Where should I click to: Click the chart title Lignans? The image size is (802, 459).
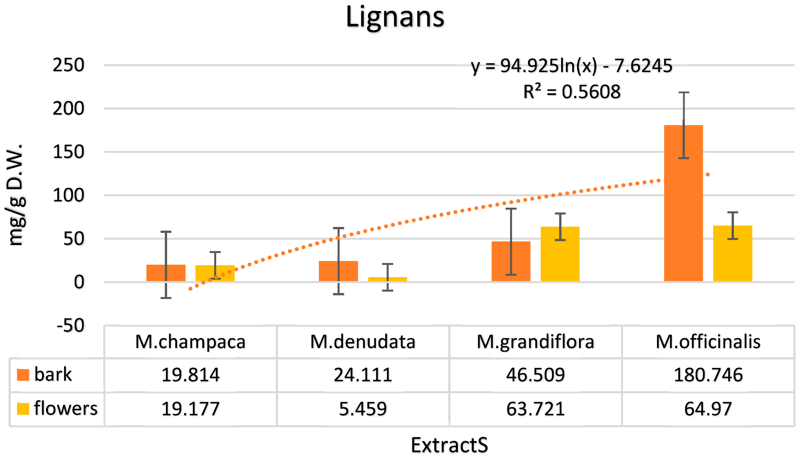pyautogui.click(x=395, y=17)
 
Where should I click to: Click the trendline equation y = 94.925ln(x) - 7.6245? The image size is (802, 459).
pyautogui.click(x=571, y=66)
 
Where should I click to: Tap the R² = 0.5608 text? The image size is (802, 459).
pyautogui.click(x=571, y=92)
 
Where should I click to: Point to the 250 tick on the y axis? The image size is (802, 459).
pyautogui.click(x=68, y=65)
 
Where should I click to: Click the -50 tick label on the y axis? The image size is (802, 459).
pyautogui.click(x=70, y=325)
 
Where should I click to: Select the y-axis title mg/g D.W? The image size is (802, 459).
pyautogui.click(x=15, y=195)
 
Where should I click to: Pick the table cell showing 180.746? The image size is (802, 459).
pyautogui.click(x=708, y=375)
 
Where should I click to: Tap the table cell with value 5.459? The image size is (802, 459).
pyautogui.click(x=363, y=409)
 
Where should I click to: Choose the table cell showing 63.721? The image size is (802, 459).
pyautogui.click(x=535, y=409)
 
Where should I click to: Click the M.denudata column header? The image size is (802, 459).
pyautogui.click(x=363, y=342)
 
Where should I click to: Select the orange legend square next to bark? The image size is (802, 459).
pyautogui.click(x=23, y=375)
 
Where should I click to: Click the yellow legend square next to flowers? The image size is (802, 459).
pyautogui.click(x=23, y=409)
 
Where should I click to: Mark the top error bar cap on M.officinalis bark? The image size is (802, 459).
pyautogui.click(x=683, y=93)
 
